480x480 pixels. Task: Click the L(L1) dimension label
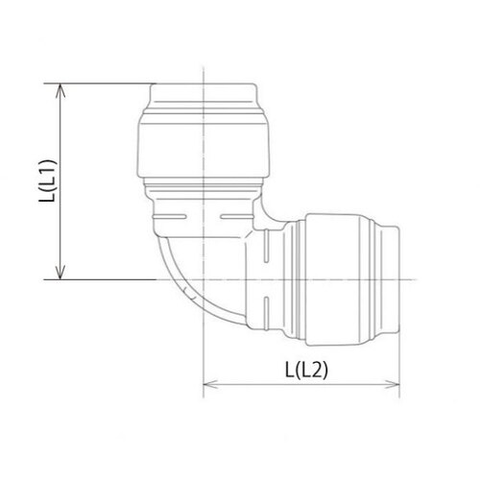48,180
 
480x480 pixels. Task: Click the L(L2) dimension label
306,370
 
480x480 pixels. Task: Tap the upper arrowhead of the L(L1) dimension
60,90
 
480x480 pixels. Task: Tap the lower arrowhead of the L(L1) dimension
60,273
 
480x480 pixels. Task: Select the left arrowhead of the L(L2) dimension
210,384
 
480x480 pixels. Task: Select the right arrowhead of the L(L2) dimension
393,384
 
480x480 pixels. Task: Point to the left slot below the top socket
170,217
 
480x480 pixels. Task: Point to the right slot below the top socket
237,217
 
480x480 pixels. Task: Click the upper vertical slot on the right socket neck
266,246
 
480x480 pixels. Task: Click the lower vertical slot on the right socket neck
266,314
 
